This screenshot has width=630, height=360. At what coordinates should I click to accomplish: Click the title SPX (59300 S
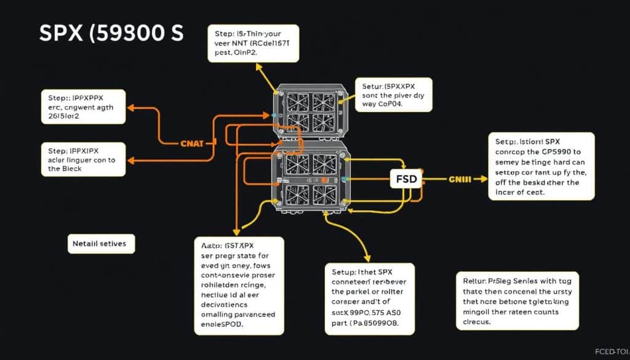[x=111, y=33]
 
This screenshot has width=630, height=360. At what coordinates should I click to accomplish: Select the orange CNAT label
[x=196, y=143]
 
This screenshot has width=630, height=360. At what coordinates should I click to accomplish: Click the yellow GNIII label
[x=460, y=180]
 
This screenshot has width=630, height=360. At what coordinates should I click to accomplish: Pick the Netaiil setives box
[x=99, y=244]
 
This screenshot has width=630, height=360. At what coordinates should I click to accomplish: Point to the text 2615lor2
[x=64, y=117]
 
